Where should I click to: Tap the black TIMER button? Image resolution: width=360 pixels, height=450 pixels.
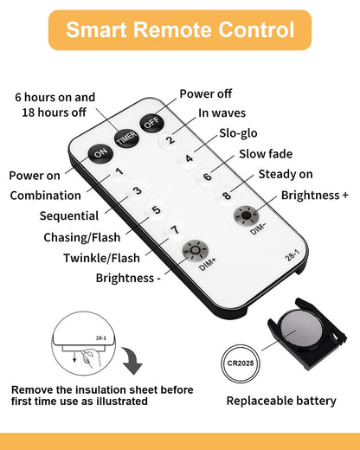tap(126, 138)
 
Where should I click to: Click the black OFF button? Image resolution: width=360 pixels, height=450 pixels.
tap(152, 123)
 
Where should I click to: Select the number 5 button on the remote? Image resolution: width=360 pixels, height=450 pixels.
tap(156, 209)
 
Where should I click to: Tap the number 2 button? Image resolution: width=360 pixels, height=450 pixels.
tap(170, 140)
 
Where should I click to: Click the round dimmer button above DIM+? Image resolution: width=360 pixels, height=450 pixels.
tap(196, 250)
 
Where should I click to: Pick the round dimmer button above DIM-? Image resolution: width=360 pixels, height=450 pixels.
tap(246, 215)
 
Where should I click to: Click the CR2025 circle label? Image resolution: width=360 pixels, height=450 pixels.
tap(241, 363)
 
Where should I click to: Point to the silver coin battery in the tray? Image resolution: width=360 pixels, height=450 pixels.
tap(302, 328)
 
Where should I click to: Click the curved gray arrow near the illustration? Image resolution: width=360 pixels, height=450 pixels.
tap(132, 360)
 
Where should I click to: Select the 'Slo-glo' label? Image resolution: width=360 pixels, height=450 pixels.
tap(238, 133)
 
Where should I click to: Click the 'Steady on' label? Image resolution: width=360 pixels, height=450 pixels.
tap(286, 174)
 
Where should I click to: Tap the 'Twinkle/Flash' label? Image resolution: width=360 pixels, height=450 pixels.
tap(101, 258)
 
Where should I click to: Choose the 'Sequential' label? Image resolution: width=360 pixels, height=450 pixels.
tap(69, 216)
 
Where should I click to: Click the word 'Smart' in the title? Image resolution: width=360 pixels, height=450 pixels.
tap(97, 29)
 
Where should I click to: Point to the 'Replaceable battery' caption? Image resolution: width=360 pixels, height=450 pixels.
tap(281, 401)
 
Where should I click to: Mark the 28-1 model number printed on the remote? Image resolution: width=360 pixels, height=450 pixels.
tap(292, 255)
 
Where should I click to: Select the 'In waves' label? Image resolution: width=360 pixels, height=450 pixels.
tap(222, 113)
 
